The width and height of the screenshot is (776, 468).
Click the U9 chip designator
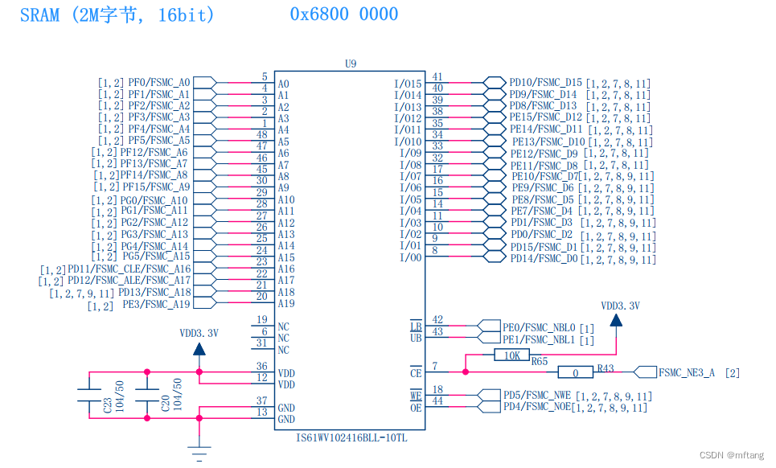click(349, 63)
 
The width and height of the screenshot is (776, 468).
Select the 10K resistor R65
click(511, 355)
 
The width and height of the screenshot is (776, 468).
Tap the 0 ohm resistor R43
click(575, 372)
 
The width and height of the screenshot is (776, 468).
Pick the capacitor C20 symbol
click(146, 396)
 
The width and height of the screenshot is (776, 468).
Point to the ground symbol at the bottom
click(199, 452)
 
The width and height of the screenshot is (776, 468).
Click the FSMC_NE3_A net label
click(686, 372)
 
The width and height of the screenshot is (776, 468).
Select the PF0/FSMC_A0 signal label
click(159, 82)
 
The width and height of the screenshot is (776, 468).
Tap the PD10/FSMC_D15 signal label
click(545, 82)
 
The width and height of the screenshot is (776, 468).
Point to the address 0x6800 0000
click(343, 14)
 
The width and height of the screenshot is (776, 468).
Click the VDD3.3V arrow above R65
click(615, 319)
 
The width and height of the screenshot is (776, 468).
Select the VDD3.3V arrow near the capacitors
click(199, 347)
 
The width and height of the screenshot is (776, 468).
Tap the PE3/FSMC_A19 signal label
click(157, 304)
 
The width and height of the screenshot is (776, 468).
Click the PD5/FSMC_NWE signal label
click(537, 395)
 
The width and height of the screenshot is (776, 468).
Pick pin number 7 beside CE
click(435, 366)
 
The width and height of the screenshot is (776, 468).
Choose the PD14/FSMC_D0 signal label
click(544, 258)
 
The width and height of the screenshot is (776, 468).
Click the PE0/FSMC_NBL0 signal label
click(539, 327)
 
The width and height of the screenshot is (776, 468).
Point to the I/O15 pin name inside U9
click(408, 84)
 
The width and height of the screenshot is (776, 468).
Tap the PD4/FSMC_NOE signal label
click(536, 407)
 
